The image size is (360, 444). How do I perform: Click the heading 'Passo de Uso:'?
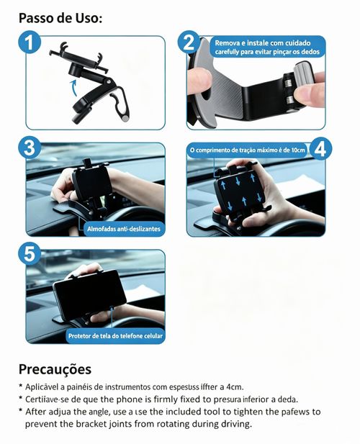(60, 17)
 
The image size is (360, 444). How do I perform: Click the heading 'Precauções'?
(55, 370)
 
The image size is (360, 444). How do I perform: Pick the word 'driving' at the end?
(233, 424)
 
